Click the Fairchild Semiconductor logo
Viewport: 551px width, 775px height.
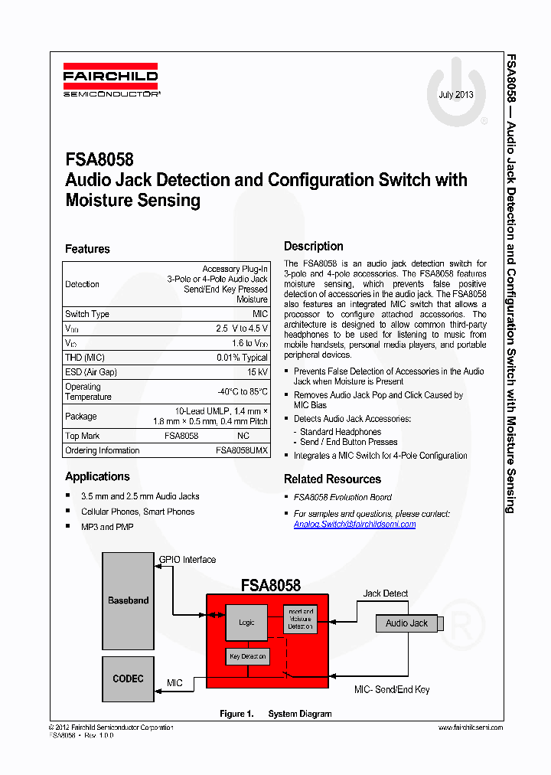(111, 80)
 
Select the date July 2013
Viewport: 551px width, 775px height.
(455, 95)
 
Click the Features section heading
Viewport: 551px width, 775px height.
(87, 249)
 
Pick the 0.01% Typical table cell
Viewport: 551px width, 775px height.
(242, 358)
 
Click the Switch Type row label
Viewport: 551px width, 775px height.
(87, 314)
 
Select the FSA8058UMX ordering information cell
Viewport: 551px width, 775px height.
(241, 450)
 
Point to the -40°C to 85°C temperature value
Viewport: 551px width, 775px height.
(242, 391)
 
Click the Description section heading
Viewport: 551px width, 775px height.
(313, 246)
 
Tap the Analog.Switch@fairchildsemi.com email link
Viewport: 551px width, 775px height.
(354, 525)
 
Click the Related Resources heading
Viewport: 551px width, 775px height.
(332, 479)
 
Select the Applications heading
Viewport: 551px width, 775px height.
(97, 476)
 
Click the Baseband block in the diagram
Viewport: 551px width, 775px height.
(128, 600)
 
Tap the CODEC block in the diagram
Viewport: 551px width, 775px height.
(128, 679)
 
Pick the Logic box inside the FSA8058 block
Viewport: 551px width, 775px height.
(246, 623)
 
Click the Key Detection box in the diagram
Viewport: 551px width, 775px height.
(247, 656)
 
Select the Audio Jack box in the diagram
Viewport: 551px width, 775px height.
(406, 623)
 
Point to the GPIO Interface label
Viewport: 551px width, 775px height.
(187, 560)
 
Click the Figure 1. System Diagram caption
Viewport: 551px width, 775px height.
(275, 714)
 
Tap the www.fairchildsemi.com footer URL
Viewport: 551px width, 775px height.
(470, 728)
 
